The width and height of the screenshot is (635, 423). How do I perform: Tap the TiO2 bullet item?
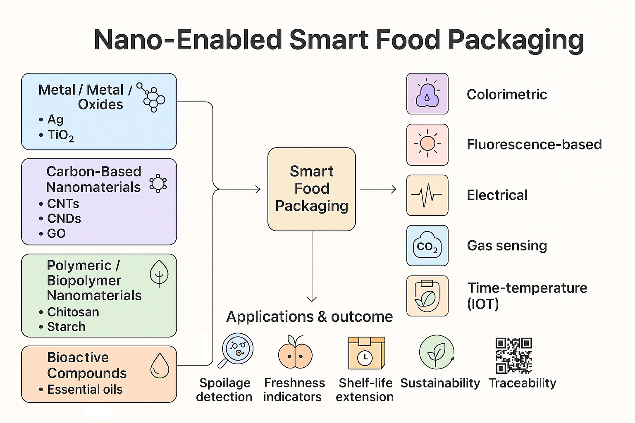coord(57,135)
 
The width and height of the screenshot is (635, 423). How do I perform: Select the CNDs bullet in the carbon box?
coord(60,219)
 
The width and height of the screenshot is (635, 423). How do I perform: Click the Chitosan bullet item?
coord(69,312)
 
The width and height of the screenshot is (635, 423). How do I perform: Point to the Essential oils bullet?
coord(81,389)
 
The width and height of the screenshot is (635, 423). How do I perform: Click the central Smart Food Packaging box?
coord(312,189)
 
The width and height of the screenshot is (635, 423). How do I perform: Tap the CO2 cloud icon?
coord(427,245)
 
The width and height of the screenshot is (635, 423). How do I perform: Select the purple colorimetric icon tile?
coord(427,94)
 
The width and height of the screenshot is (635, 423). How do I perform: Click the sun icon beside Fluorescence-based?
coord(427,143)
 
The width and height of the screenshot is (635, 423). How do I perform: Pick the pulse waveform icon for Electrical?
coord(427,195)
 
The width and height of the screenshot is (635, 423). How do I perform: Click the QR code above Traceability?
coord(513,355)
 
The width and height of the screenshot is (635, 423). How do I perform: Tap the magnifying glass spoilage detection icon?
coord(236,350)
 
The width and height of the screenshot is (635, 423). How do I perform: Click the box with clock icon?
coord(367,353)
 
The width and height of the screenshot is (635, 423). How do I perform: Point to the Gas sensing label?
coord(507,246)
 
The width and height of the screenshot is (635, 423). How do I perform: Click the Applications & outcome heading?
coord(310,316)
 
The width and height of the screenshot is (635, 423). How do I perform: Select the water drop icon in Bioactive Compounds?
coord(160,366)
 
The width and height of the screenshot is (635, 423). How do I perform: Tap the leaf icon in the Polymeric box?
coord(159,274)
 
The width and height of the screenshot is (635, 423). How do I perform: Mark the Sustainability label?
coord(440,383)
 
